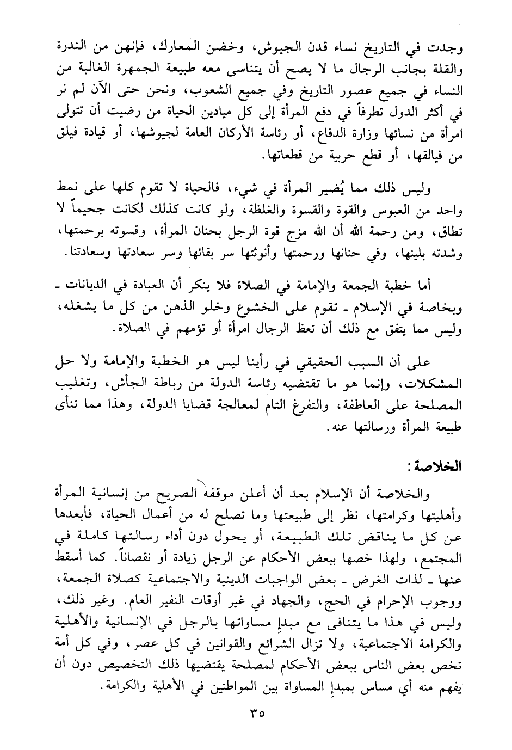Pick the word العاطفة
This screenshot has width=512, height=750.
(x=362, y=404)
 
